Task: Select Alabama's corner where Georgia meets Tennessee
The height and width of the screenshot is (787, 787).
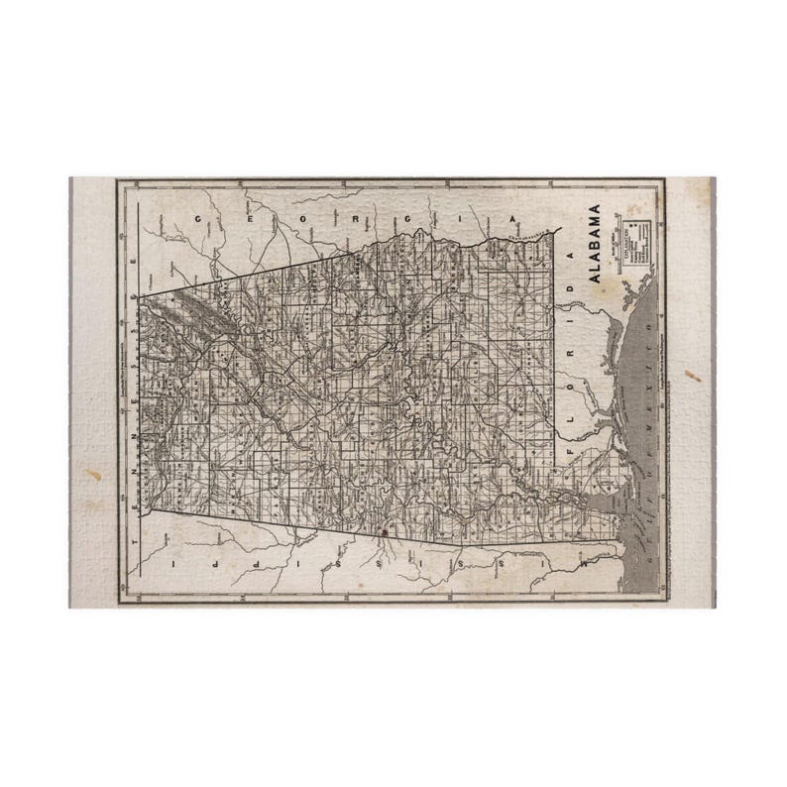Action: pos(138,296)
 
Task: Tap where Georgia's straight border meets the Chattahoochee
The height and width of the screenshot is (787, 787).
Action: pos(362,254)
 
